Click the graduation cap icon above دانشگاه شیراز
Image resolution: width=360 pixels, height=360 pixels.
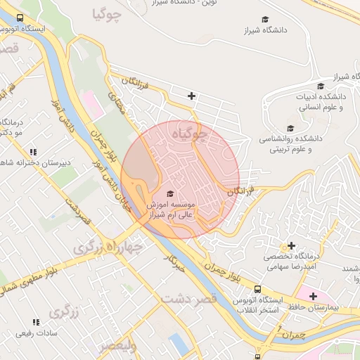click(265, 20)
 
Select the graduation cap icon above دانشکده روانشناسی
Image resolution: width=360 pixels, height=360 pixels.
click(290, 127)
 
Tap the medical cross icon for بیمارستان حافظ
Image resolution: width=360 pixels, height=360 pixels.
click(313, 296)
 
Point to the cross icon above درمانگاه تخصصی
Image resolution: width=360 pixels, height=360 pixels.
click(291, 245)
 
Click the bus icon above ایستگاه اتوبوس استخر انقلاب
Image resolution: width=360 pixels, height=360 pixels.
click(258, 289)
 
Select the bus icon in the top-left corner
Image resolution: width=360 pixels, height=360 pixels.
click(19, 18)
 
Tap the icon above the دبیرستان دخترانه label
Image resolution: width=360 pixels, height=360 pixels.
click(33, 152)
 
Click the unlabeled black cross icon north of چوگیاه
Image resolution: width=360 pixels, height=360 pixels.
click(191, 96)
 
